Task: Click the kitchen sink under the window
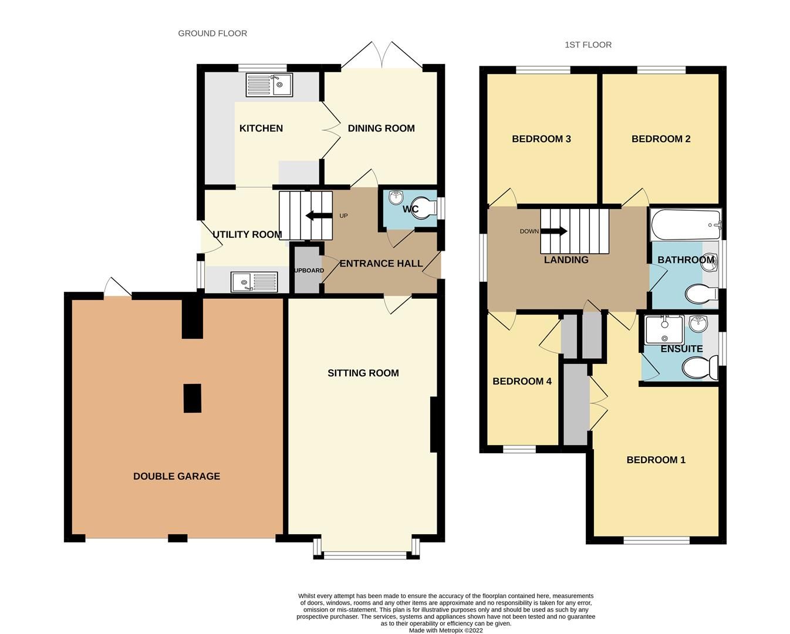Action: click(x=269, y=85)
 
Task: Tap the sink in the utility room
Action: click(x=254, y=282)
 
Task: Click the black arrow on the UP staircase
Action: click(x=318, y=215)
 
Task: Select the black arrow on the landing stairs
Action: click(x=555, y=231)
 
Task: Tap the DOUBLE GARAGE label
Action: click(x=177, y=476)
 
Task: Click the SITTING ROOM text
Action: click(x=363, y=373)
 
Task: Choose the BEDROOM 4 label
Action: click(x=522, y=381)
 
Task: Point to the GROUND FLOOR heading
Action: click(x=212, y=33)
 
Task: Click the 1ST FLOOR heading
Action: click(x=588, y=45)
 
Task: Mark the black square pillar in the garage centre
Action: click(x=192, y=398)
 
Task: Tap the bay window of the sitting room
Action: click(x=366, y=552)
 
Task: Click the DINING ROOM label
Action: click(x=381, y=128)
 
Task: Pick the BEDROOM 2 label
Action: click(x=661, y=139)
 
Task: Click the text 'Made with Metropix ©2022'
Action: click(x=445, y=630)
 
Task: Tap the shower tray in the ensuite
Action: click(x=664, y=330)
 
